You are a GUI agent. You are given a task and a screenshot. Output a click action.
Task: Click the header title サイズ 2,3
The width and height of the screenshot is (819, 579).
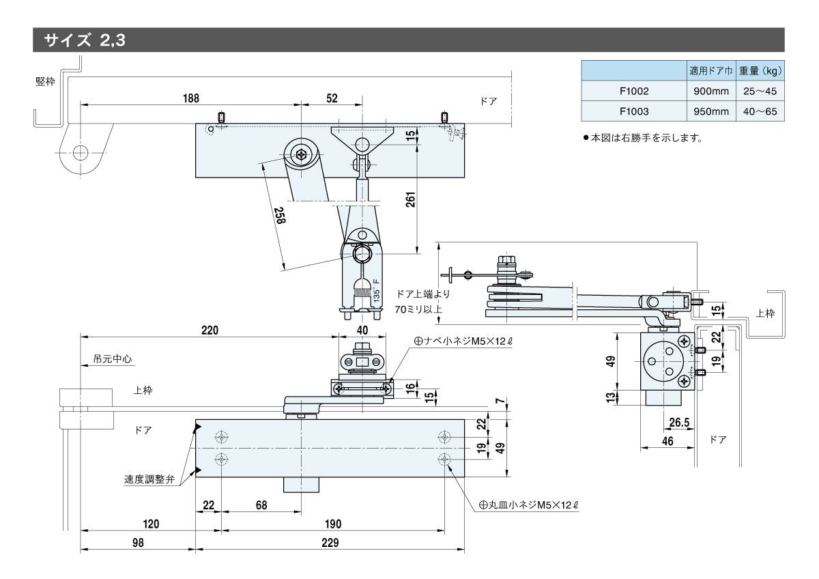pyautogui.click(x=84, y=40)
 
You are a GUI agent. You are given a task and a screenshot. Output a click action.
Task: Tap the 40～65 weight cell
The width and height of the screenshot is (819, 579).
pyautogui.click(x=760, y=111)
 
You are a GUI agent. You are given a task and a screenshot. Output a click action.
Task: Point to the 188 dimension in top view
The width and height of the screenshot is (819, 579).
pyautogui.click(x=191, y=98)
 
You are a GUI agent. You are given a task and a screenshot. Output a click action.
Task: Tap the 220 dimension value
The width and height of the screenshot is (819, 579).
pyautogui.click(x=210, y=330)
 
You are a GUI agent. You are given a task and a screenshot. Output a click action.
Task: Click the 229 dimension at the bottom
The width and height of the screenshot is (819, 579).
pyautogui.click(x=330, y=543)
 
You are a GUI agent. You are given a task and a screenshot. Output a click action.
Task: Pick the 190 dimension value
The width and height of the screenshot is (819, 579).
pyautogui.click(x=332, y=524)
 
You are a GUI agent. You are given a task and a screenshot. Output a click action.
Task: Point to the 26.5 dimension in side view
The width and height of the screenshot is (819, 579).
pyautogui.click(x=680, y=423)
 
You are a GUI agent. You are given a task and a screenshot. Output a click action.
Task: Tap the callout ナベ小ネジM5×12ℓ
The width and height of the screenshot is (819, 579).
pyautogui.click(x=462, y=340)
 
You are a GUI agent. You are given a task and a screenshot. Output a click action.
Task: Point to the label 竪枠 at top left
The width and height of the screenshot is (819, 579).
pyautogui.click(x=46, y=81)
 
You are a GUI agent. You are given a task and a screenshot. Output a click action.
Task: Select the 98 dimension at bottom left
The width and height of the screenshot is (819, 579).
pyautogui.click(x=138, y=543)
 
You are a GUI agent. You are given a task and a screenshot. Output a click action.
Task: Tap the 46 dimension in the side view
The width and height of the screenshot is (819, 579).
pyautogui.click(x=667, y=441)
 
